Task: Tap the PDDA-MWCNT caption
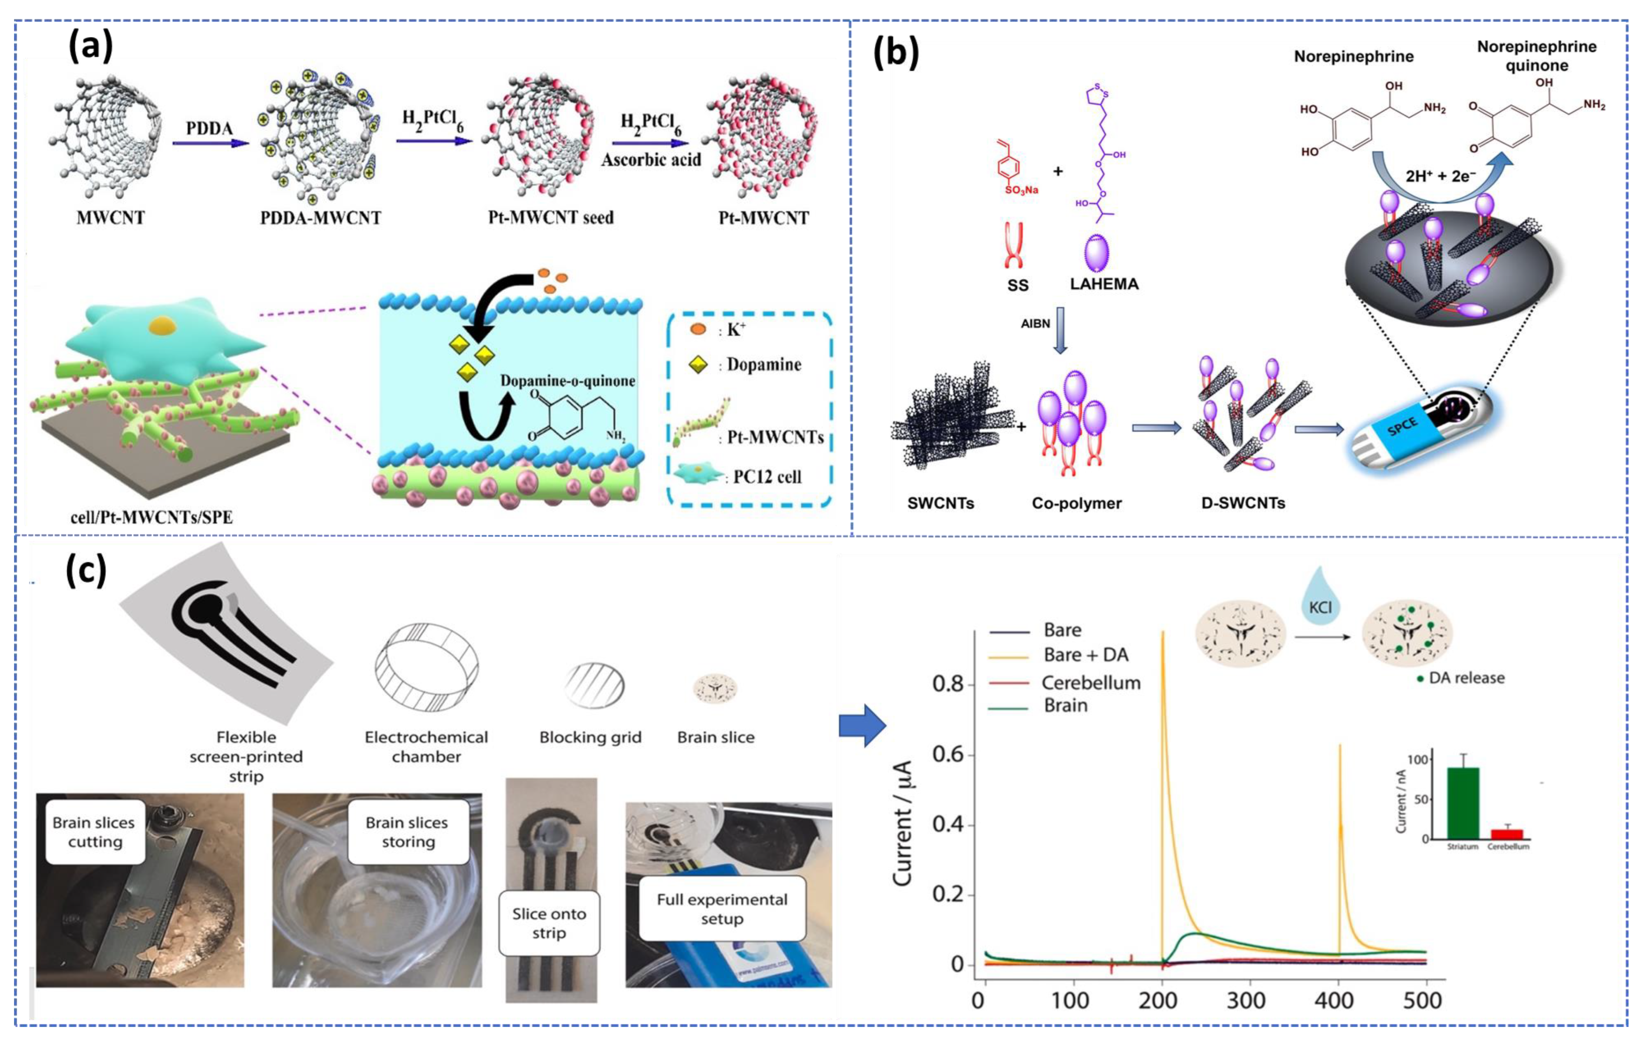pos(320,218)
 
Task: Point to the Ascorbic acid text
pos(651,160)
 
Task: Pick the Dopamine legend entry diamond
pos(698,365)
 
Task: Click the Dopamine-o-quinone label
pos(567,381)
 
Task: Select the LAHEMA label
pos(1104,284)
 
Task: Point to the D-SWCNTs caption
pos(1243,503)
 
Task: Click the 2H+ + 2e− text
pos(1440,176)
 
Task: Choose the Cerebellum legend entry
pos(1090,683)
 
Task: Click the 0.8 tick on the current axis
pos(948,684)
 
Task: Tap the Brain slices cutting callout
pos(94,832)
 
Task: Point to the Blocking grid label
pos(590,738)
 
